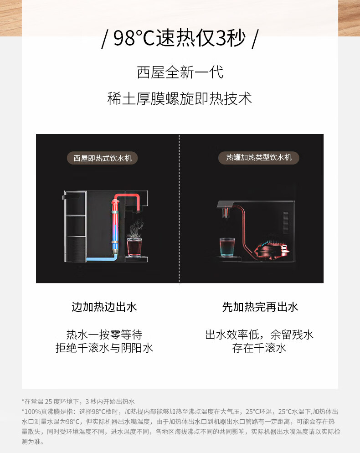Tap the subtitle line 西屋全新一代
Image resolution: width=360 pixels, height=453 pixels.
(x=180, y=72)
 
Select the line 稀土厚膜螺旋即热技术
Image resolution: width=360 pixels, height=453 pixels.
(x=180, y=98)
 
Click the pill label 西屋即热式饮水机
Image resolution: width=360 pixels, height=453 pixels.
(x=103, y=158)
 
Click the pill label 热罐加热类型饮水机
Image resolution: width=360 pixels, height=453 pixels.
(x=259, y=158)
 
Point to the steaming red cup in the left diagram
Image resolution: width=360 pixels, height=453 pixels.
(x=135, y=246)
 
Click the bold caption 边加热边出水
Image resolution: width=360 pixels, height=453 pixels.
(x=104, y=307)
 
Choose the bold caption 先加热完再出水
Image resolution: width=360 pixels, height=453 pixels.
(x=260, y=307)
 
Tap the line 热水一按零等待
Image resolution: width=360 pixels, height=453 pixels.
(x=104, y=335)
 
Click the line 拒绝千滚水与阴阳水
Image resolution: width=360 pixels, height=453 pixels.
(x=104, y=348)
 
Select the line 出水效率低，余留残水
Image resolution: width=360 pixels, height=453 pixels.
(x=259, y=335)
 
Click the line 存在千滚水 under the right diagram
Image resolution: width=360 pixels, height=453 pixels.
(x=259, y=348)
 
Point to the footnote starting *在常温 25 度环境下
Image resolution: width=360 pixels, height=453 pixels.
(x=78, y=402)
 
